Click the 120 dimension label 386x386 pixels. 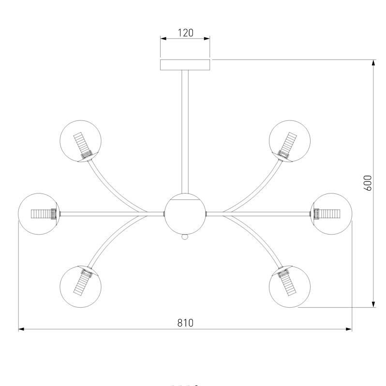(x=185, y=33)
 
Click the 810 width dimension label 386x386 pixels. (x=185, y=323)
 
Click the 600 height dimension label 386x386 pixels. (x=368, y=183)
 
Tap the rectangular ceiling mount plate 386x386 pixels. (x=185, y=65)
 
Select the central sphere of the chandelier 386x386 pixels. (x=185, y=214)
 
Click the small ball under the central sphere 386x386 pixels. (x=185, y=237)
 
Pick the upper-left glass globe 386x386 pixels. (x=80, y=141)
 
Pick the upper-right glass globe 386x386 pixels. (x=290, y=141)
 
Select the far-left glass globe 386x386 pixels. (x=39, y=214)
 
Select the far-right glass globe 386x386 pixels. (x=331, y=214)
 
